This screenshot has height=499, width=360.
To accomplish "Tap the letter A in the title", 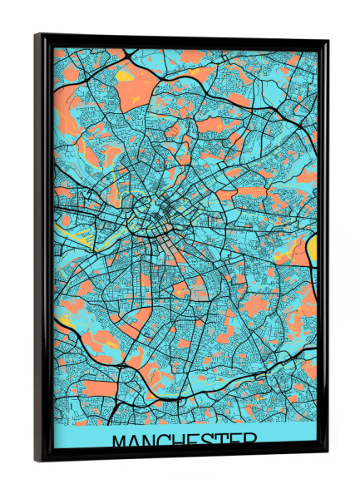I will (135, 441).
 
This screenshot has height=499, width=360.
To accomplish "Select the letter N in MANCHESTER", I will (150, 441).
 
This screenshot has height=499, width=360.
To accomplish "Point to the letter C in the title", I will (165, 441).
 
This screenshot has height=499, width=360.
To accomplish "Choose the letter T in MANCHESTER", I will (219, 441).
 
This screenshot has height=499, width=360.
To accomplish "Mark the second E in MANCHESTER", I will (231, 441).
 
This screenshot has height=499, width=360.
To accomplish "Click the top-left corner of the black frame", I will (36, 35).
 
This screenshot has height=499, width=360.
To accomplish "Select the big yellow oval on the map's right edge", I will (312, 247).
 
